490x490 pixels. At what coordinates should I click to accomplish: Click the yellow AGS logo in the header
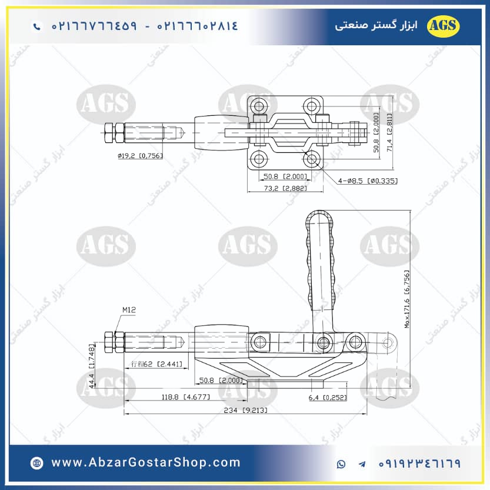(x=444, y=25)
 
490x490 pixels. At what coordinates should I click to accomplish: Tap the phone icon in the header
(x=38, y=26)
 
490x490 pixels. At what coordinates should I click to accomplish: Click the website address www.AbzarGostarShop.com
(x=146, y=463)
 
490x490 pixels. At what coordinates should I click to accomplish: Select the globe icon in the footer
(x=37, y=464)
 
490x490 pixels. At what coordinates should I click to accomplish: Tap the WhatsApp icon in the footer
(x=342, y=464)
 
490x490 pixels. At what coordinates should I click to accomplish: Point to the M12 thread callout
(x=129, y=310)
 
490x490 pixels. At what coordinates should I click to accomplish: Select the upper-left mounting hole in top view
(x=258, y=106)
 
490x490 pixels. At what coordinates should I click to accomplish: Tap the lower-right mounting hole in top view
(x=312, y=158)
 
